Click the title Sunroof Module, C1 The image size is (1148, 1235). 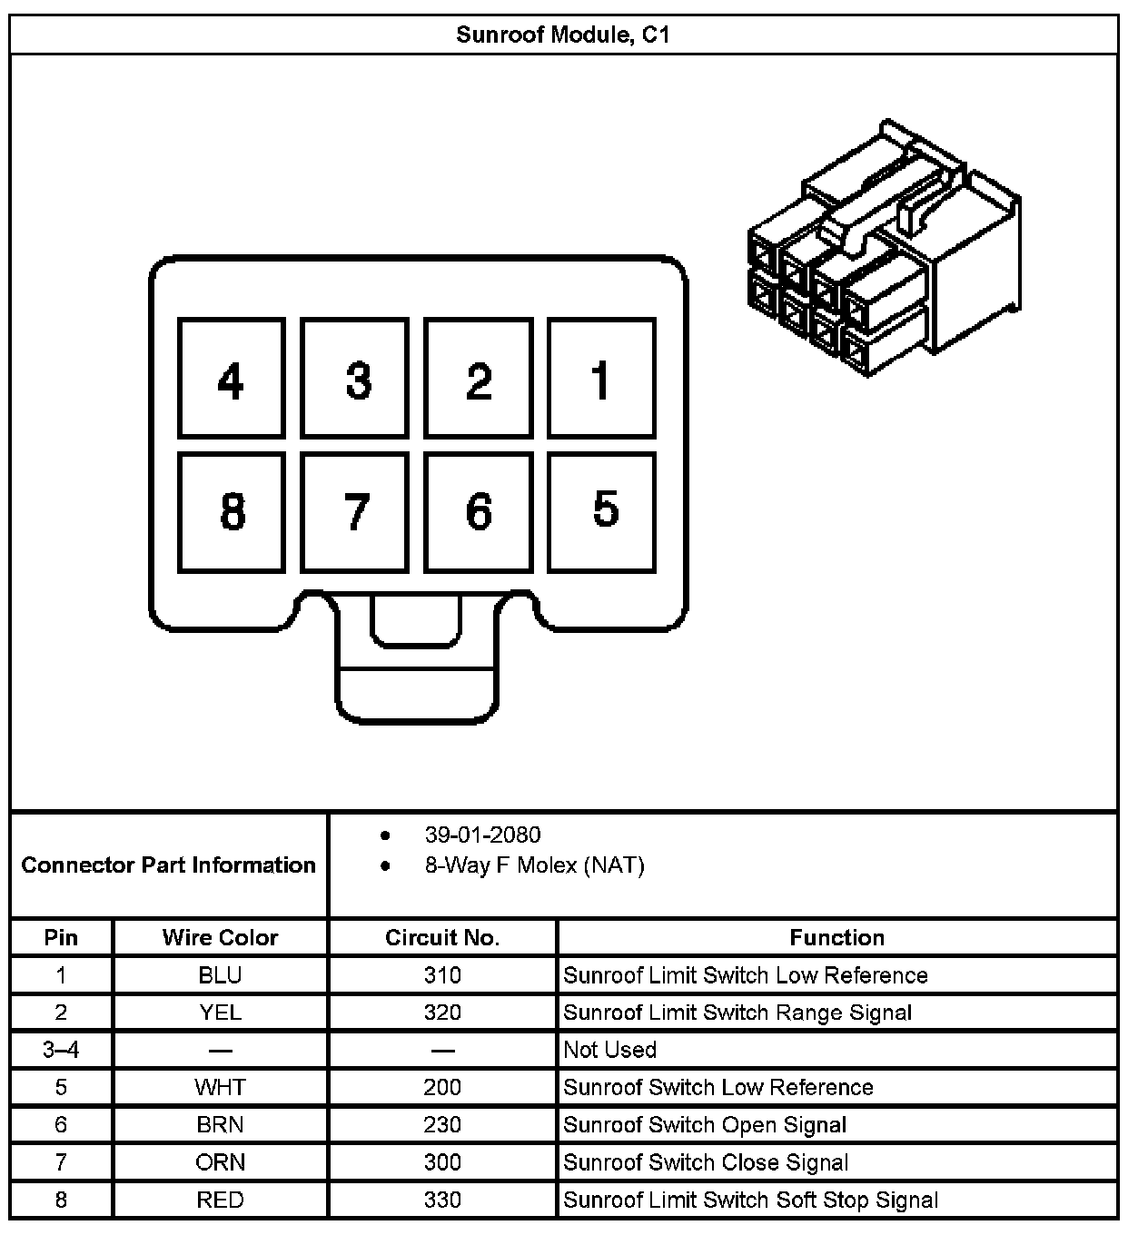click(x=563, y=35)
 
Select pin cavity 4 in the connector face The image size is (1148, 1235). click(x=232, y=379)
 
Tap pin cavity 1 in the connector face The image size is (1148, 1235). click(x=601, y=379)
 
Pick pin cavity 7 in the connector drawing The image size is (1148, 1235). click(x=355, y=512)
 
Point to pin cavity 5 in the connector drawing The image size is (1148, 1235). click(x=601, y=512)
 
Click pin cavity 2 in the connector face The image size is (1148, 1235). click(x=478, y=379)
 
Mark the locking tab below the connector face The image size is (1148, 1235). click(x=417, y=672)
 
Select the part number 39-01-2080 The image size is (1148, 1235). click(x=482, y=835)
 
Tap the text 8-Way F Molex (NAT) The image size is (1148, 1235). click(x=534, y=865)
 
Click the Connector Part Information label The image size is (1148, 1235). click(x=168, y=864)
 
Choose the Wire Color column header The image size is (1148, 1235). click(x=220, y=937)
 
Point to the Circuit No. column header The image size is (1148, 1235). click(x=442, y=937)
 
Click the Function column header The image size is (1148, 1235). click(x=836, y=937)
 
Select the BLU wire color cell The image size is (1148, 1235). click(x=220, y=975)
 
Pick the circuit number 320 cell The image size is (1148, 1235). click(x=442, y=1013)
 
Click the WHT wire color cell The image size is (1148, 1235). click(x=220, y=1087)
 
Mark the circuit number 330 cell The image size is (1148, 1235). click(x=442, y=1200)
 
